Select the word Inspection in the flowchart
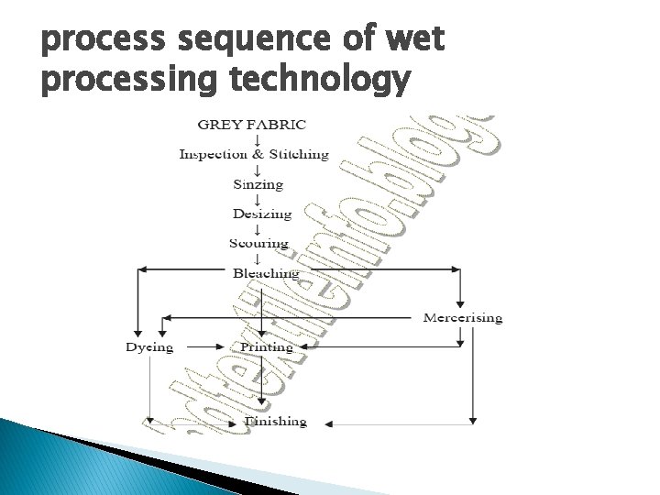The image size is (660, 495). pyautogui.click(x=210, y=154)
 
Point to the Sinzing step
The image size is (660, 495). pyautogui.click(x=258, y=184)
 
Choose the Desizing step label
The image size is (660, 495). pyautogui.click(x=261, y=214)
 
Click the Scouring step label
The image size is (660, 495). pyautogui.click(x=259, y=244)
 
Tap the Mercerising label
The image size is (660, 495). pyautogui.click(x=462, y=318)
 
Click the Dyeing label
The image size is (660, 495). pyautogui.click(x=149, y=347)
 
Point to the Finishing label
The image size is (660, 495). pyautogui.click(x=275, y=422)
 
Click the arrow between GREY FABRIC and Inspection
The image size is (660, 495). pyautogui.click(x=256, y=139)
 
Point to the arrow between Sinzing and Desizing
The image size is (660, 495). pyautogui.click(x=258, y=200)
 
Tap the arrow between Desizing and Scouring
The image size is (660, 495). pyautogui.click(x=258, y=229)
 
